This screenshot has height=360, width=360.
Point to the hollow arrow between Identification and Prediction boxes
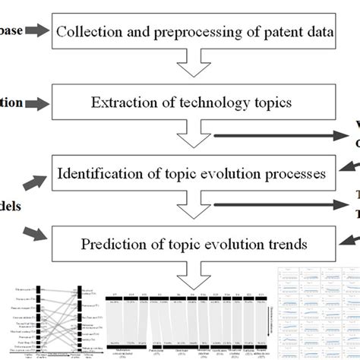[x=194, y=210]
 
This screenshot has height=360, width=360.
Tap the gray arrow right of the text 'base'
[x=38, y=31]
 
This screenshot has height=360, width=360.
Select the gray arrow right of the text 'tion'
[x=38, y=103]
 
